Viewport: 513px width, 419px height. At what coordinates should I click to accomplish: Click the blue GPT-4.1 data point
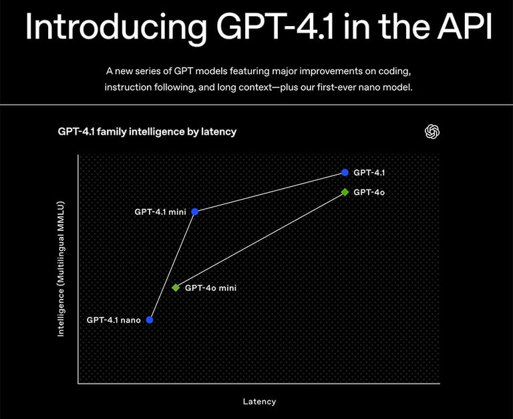click(345, 172)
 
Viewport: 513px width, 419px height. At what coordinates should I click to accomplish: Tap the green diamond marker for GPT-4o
click(345, 192)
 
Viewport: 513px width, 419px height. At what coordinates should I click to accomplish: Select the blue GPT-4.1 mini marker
click(194, 212)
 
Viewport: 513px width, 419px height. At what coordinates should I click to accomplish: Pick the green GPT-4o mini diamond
click(176, 288)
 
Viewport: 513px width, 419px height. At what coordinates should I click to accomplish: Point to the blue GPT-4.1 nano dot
click(150, 320)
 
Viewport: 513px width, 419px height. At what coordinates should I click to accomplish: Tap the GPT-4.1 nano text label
click(114, 320)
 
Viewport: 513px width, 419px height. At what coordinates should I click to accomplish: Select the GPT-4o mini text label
click(210, 288)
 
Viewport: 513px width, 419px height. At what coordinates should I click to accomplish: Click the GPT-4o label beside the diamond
click(369, 192)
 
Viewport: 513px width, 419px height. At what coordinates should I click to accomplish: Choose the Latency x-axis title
click(259, 401)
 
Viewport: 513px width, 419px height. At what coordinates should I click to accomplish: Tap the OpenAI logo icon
click(432, 131)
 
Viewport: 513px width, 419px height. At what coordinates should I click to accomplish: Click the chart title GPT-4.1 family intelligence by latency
click(147, 131)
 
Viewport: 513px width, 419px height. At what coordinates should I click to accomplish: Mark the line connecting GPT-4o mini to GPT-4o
click(261, 240)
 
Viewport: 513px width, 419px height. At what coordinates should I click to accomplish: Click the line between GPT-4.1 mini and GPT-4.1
click(270, 191)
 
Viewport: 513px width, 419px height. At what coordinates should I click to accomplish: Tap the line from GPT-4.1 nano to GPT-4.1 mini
click(172, 266)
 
